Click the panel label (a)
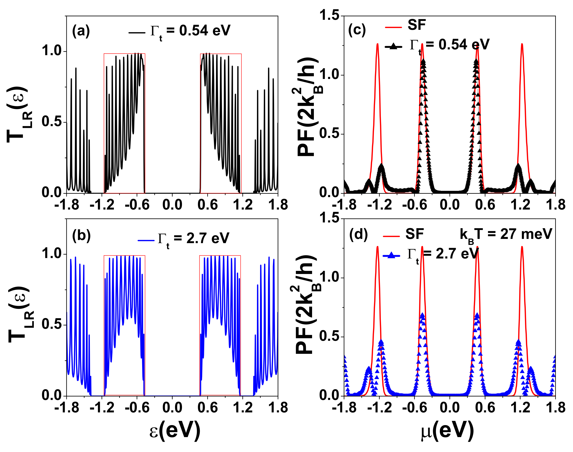[81, 31]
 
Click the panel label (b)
[81, 236]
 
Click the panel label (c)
[357, 30]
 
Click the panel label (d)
[358, 234]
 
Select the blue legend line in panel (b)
[146, 240]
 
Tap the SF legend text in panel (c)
[416, 25]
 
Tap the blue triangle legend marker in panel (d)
[391, 255]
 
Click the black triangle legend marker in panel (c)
[393, 47]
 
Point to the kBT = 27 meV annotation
[506, 234]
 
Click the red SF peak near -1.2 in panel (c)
[377, 45]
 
